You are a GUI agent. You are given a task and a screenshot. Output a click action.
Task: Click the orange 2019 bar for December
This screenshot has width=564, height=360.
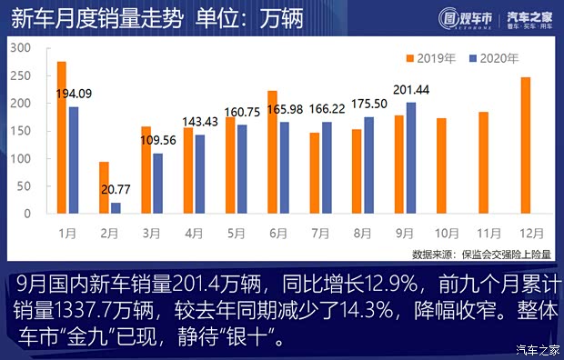tap(525, 145)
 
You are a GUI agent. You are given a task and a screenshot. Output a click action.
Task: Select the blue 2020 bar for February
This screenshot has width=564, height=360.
tap(116, 208)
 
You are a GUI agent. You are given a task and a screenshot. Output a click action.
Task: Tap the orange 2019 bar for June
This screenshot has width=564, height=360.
tap(272, 152)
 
